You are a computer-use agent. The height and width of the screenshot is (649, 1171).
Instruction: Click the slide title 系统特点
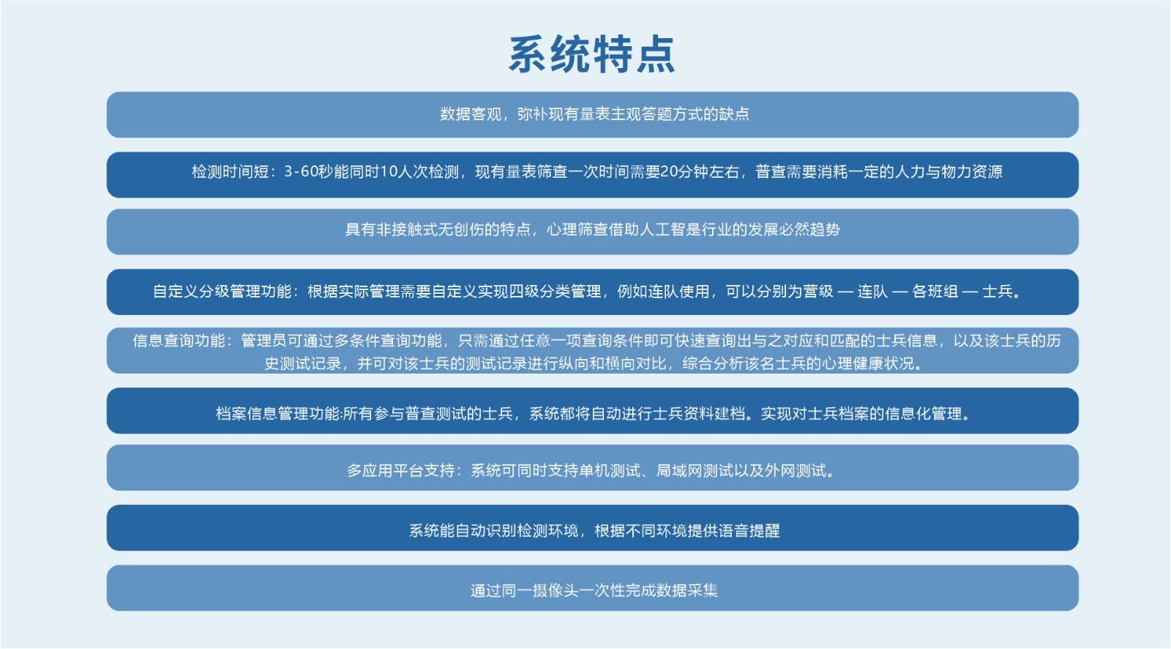(x=592, y=54)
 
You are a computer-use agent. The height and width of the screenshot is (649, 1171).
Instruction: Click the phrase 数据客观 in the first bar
(x=471, y=114)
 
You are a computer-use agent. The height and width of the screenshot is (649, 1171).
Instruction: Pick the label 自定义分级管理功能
(x=222, y=292)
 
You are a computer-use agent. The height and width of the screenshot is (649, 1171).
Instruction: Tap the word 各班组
(x=935, y=292)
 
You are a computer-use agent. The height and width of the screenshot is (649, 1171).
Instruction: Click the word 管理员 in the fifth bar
(x=263, y=341)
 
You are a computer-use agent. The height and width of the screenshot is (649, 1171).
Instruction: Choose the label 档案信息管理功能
(x=277, y=414)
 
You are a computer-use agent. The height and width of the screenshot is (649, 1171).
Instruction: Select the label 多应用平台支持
(x=401, y=471)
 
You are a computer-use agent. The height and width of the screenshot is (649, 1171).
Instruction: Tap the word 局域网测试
(x=695, y=471)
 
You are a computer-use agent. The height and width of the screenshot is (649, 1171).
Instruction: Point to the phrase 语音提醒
(x=749, y=531)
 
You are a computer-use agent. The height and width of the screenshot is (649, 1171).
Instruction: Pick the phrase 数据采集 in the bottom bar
(x=687, y=591)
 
